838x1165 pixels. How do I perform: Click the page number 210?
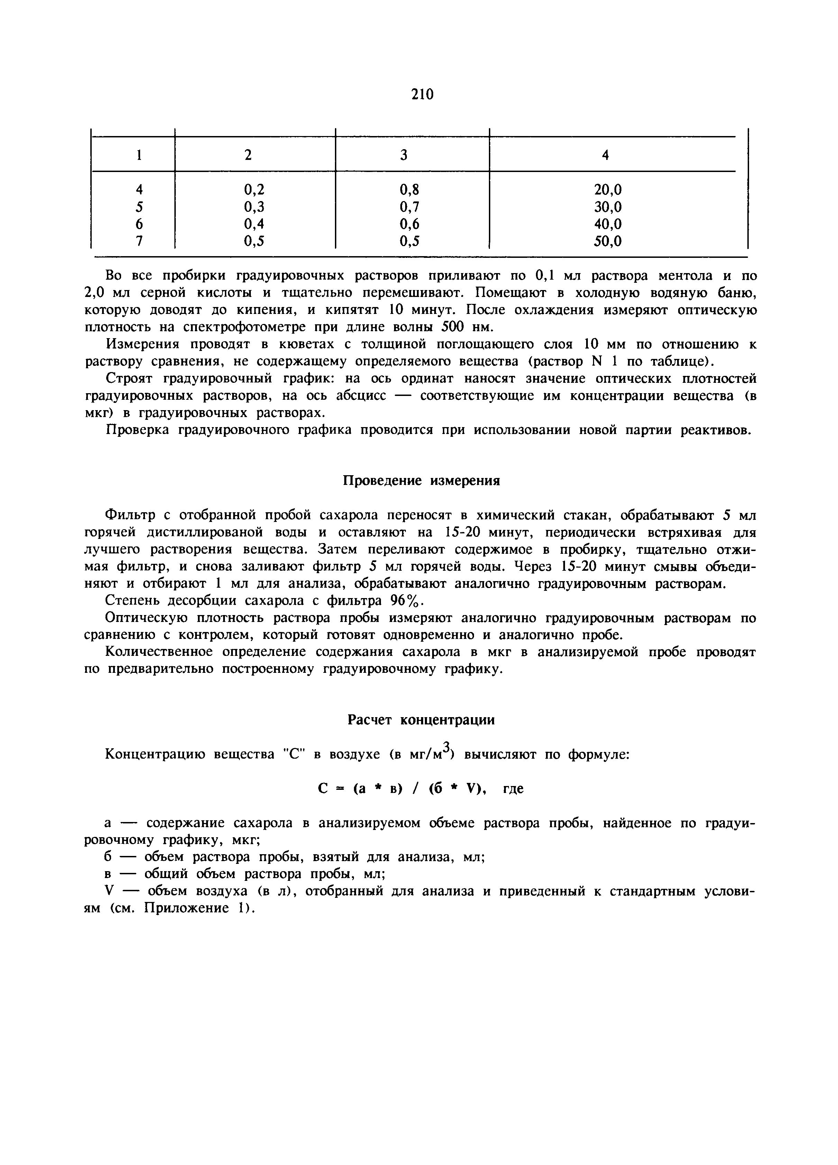click(422, 94)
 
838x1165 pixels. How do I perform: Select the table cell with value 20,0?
click(608, 190)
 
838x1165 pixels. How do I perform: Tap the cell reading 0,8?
click(409, 190)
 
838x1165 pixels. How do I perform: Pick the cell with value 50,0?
click(608, 241)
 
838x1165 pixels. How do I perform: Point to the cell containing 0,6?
click(409, 224)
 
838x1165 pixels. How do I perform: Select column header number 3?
click(403, 155)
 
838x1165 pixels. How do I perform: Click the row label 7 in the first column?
click(139, 241)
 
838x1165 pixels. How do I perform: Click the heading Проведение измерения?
click(421, 481)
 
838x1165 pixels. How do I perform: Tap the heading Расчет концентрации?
click(421, 720)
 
